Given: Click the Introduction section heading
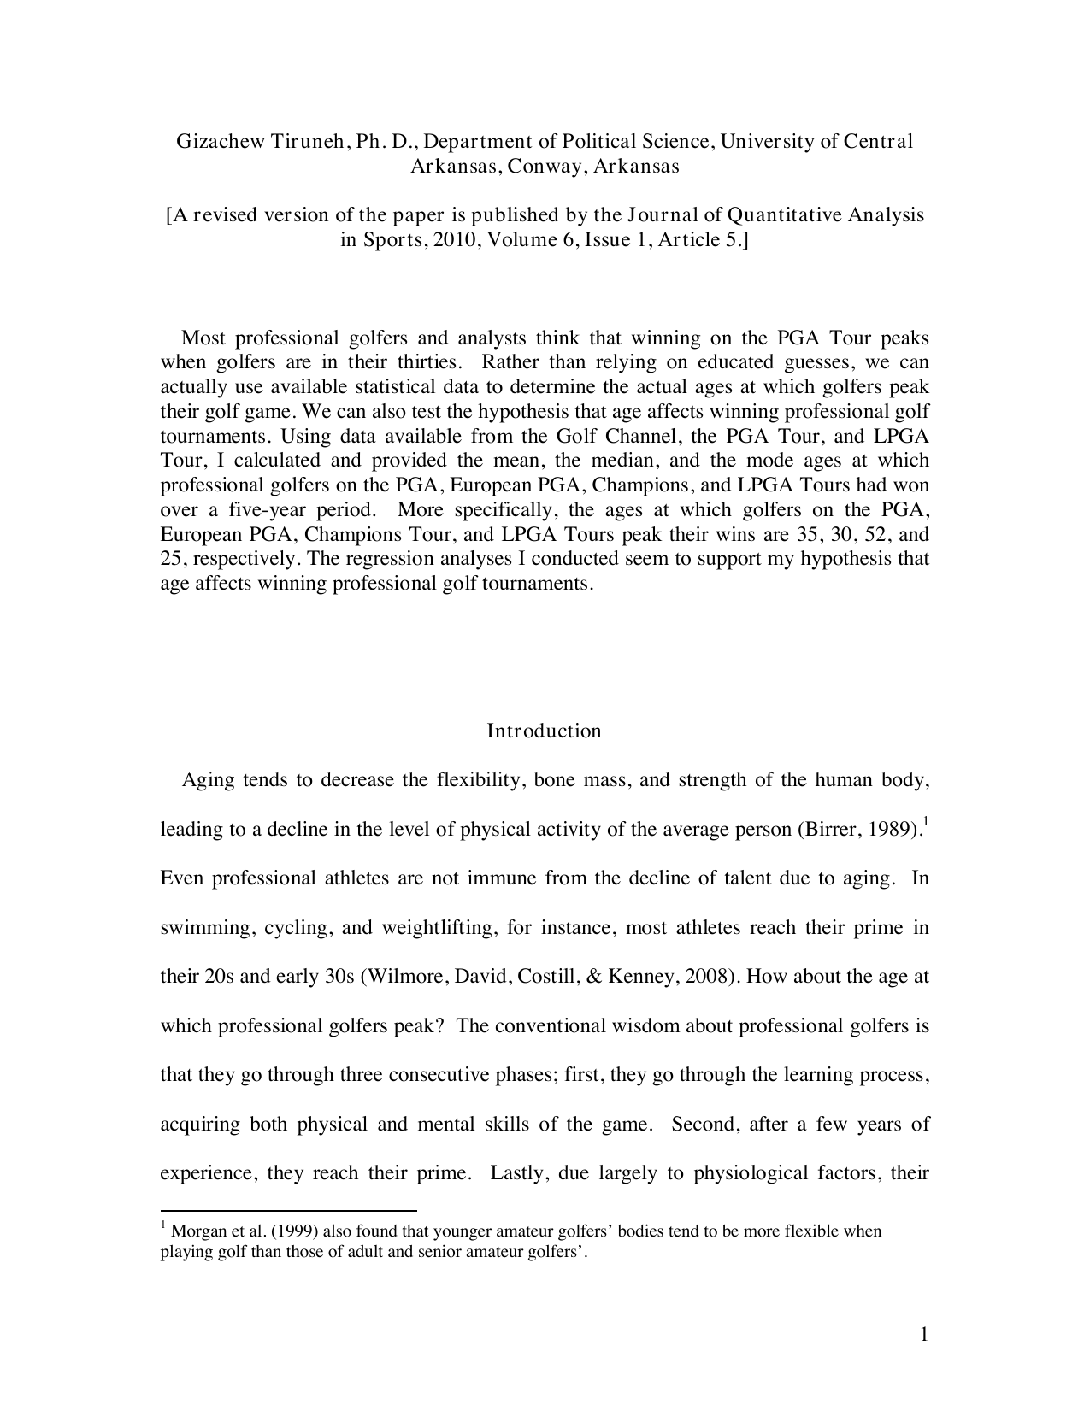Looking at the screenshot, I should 544,731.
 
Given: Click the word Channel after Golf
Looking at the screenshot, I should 628,436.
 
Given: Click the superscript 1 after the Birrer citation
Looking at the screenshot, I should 927,822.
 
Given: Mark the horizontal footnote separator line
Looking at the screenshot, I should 288,1211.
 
